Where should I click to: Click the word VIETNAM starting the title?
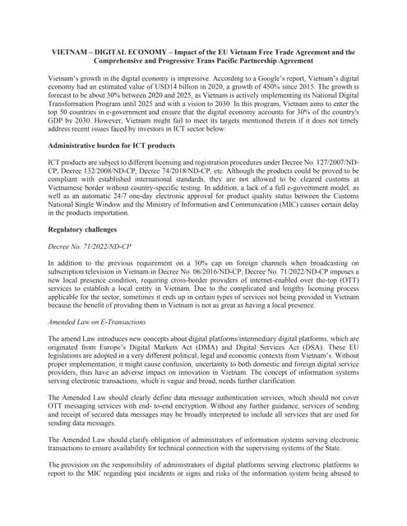pyautogui.click(x=70, y=51)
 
